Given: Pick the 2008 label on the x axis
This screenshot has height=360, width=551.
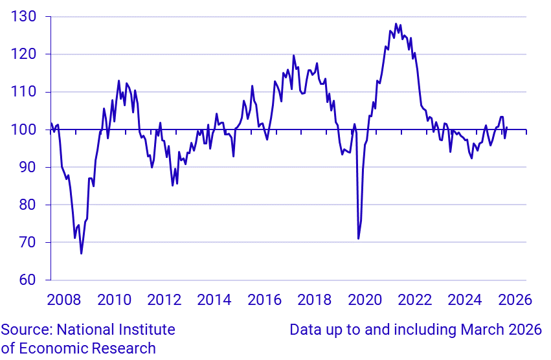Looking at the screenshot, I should click(x=63, y=300).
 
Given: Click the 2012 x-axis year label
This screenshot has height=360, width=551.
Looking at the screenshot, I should click(x=164, y=300).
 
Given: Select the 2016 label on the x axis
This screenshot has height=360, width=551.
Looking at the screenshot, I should click(x=264, y=300).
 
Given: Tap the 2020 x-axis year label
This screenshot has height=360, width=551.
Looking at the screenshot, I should click(x=365, y=300).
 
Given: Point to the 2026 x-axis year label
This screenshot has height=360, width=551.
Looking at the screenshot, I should click(x=515, y=300).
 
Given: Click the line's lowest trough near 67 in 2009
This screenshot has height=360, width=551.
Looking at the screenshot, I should click(x=81, y=253).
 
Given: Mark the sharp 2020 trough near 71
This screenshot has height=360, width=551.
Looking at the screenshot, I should click(x=358, y=239).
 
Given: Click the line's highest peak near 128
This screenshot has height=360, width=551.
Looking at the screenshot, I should click(x=396, y=24).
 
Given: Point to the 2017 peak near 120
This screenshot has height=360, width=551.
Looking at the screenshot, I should click(x=293, y=56).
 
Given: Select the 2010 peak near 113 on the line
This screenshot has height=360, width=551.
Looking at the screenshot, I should click(x=118, y=81).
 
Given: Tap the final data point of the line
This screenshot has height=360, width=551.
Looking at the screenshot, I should click(x=507, y=127).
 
